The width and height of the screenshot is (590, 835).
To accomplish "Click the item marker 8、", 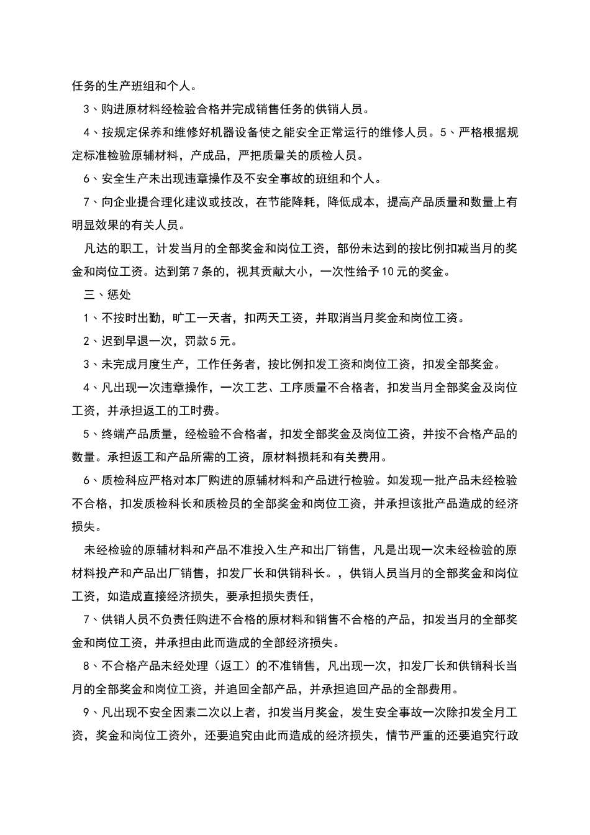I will point(89,666).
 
